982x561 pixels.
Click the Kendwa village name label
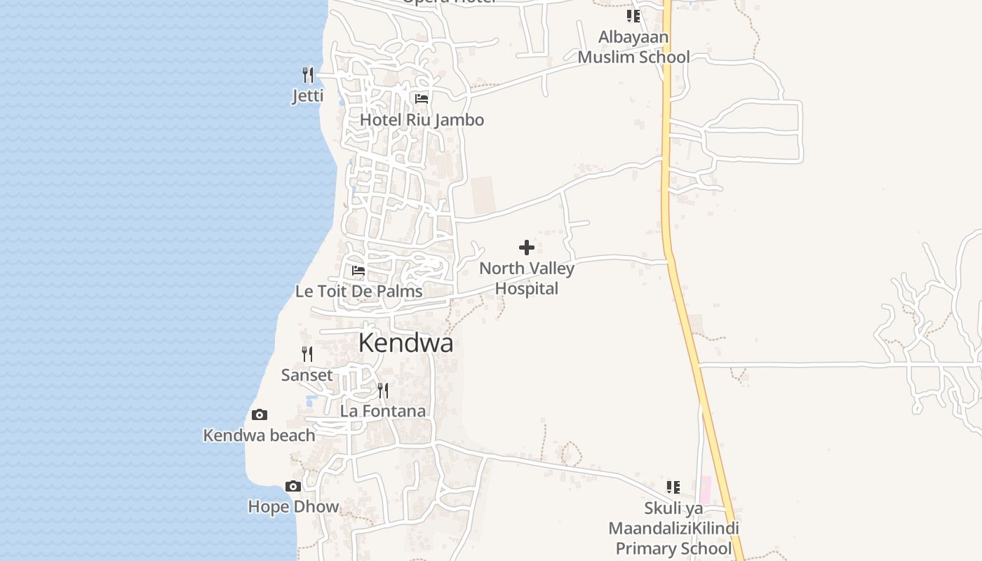405,343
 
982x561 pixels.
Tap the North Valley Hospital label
527,278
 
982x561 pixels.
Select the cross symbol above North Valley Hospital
527,248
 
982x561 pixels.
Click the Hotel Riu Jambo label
422,120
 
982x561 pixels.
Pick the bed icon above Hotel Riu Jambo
422,99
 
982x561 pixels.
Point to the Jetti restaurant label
308,95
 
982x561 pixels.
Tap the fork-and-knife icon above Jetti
308,74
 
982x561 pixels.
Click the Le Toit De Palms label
358,291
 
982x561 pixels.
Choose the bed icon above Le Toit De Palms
358,270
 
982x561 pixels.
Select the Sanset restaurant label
307,375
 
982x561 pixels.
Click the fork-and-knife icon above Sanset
307,354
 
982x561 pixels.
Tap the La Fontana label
383,411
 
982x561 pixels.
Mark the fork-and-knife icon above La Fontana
383,390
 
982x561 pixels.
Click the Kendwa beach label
259,435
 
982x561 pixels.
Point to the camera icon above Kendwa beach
259,415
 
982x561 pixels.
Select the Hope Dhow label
293,506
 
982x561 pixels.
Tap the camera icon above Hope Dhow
293,486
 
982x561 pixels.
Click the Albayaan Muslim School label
634,47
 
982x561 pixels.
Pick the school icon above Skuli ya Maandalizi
673,487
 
